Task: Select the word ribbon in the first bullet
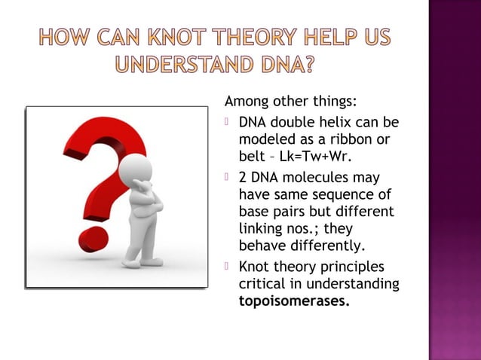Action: pyautogui.click(x=363, y=139)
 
